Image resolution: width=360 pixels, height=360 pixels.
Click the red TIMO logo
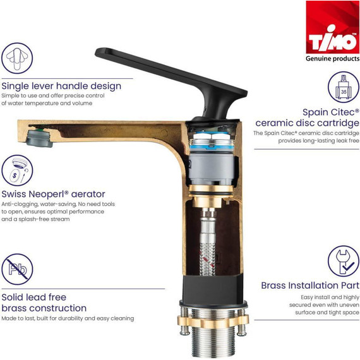point(332,27)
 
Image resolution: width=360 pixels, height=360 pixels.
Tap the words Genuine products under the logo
point(332,59)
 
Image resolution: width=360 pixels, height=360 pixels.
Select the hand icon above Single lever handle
point(17,59)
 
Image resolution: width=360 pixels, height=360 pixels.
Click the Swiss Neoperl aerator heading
point(54,194)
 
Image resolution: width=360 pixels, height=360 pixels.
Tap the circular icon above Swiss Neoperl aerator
point(17,170)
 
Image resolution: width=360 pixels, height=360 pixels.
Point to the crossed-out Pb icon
point(17,270)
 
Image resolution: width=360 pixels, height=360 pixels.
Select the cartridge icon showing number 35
point(343,87)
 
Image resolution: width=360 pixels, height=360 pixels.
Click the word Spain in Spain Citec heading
point(317,111)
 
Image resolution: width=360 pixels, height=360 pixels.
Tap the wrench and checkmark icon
point(343,261)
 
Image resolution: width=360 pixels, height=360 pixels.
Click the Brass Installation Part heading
point(309,285)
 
